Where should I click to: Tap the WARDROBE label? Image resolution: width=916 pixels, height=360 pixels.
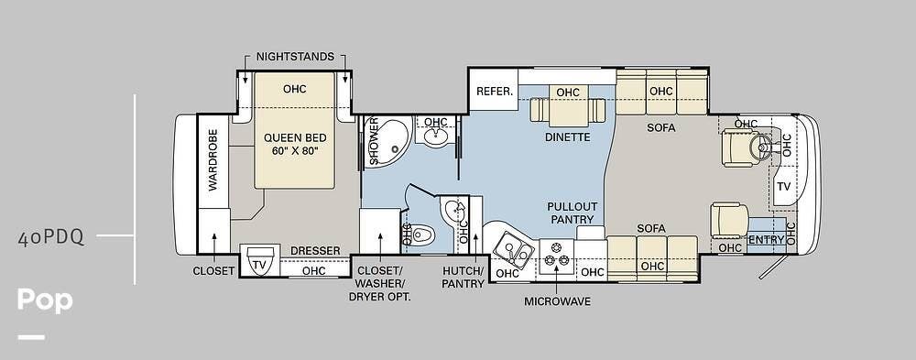pyautogui.click(x=213, y=160)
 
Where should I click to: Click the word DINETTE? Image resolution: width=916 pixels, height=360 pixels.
pyautogui.click(x=567, y=137)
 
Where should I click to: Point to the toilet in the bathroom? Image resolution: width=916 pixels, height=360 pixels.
pyautogui.click(x=420, y=235)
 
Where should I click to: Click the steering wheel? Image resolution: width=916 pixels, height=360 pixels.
pyautogui.click(x=762, y=146)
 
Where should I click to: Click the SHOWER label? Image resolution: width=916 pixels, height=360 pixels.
pyautogui.click(x=374, y=141)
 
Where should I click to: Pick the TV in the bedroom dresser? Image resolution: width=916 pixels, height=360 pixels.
pyautogui.click(x=259, y=264)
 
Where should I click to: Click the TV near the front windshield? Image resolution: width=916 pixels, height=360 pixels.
pyautogui.click(x=783, y=187)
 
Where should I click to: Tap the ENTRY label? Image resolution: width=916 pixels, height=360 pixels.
pyautogui.click(x=766, y=240)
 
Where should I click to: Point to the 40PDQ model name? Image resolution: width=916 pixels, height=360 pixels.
pyautogui.click(x=51, y=238)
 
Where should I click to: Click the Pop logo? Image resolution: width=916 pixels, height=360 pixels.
pyautogui.click(x=45, y=300)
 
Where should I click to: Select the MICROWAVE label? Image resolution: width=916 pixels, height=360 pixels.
pyautogui.click(x=557, y=301)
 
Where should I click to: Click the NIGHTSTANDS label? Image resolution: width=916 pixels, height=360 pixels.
pyautogui.click(x=295, y=57)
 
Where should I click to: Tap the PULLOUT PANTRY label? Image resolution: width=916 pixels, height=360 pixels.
pyautogui.click(x=572, y=213)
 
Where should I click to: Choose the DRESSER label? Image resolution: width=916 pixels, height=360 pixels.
pyautogui.click(x=315, y=251)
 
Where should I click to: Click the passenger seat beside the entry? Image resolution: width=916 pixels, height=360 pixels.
pyautogui.click(x=730, y=220)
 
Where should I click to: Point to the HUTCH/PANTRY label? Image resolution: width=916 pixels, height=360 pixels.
pyautogui.click(x=463, y=278)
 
